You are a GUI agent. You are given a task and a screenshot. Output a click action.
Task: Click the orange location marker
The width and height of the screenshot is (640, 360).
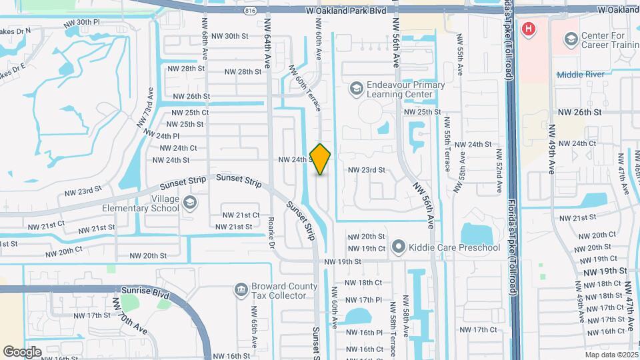(x=321, y=159)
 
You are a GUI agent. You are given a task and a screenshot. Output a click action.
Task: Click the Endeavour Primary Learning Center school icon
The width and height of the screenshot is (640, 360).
(x=357, y=88)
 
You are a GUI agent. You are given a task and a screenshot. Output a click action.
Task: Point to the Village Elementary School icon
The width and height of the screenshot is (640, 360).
(x=190, y=203)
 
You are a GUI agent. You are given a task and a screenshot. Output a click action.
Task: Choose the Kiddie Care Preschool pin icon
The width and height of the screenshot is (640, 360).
(x=399, y=248)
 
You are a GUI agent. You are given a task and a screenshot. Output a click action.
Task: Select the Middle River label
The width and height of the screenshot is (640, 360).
(x=579, y=75)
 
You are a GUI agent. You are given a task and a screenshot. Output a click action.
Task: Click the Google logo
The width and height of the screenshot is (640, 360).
(x=22, y=351)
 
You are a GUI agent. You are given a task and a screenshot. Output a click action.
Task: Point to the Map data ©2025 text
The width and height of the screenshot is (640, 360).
(x=611, y=355)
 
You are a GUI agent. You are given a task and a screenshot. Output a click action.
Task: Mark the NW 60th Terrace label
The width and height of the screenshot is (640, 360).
(x=304, y=87)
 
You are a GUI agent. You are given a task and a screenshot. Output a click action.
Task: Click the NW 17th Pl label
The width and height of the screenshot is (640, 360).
(x=364, y=300)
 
